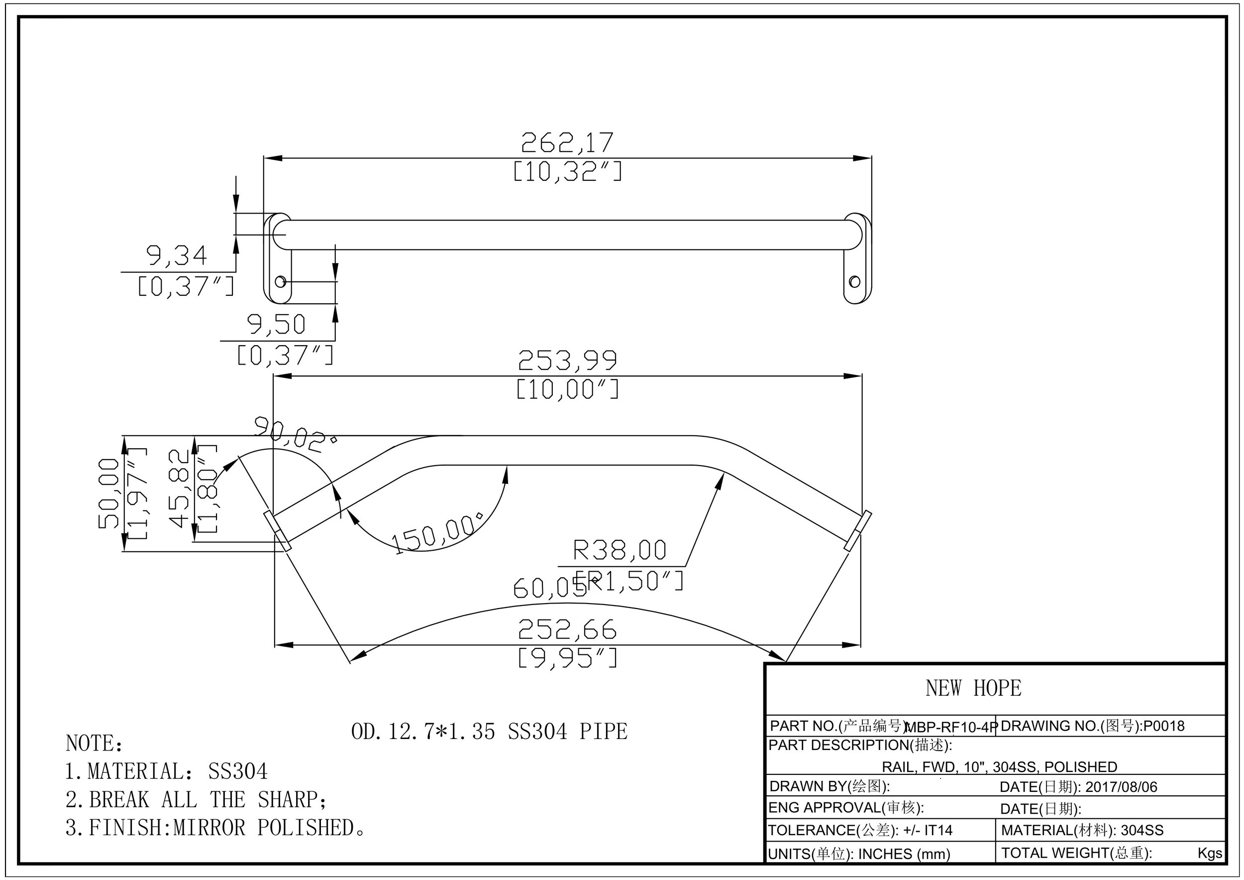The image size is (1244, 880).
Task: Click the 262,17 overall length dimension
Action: [x=567, y=142]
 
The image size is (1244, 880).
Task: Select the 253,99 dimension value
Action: [x=567, y=361]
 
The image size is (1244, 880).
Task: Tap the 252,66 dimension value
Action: [x=567, y=629]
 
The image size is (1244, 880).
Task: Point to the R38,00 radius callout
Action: [x=620, y=550]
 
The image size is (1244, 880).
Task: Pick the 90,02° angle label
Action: [x=295, y=434]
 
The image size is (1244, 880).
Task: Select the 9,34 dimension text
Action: [x=177, y=256]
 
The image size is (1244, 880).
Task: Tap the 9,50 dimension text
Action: [x=276, y=324]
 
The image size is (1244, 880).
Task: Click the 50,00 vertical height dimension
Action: [x=108, y=493]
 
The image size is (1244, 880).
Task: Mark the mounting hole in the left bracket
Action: [x=280, y=282]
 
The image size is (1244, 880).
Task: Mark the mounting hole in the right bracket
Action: [x=854, y=282]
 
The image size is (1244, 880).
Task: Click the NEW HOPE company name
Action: [x=973, y=688]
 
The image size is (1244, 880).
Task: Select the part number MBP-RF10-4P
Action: [x=951, y=728]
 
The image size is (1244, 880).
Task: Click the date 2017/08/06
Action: [x=1121, y=787]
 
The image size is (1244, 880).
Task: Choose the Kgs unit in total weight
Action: [x=1209, y=853]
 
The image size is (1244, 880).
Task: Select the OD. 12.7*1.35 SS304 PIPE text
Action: [x=489, y=732]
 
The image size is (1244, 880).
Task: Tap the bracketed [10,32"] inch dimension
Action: [x=567, y=172]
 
